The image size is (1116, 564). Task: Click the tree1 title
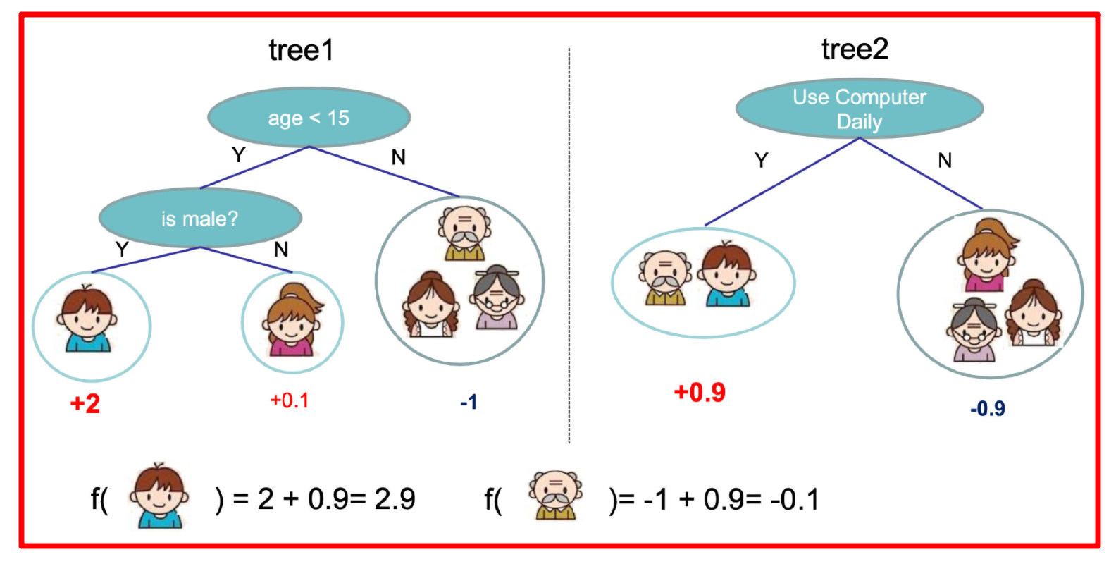coord(301,50)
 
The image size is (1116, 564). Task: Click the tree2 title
coord(855,49)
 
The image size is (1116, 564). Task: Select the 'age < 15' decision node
coord(309,118)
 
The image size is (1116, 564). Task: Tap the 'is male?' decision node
coord(200,219)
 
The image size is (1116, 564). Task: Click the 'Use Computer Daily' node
coord(860,109)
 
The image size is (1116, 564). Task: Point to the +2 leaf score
coord(85,403)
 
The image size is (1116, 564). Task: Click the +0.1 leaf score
coord(290,400)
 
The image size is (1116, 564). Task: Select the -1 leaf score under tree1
coord(469,402)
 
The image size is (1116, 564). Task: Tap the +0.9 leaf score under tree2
coord(700,392)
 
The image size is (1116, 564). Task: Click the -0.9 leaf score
coord(988,408)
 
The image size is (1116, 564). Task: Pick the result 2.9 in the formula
coord(395,498)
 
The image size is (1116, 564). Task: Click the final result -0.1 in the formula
coord(795,499)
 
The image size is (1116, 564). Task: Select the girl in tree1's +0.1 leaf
coord(293,319)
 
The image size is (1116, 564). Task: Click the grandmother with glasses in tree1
coord(496,298)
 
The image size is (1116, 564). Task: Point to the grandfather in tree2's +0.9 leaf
coord(665,277)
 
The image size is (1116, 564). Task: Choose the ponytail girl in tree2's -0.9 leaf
coord(988,255)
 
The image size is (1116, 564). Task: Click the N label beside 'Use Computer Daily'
coord(945,161)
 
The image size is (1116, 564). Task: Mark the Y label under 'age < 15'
coord(239,155)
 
